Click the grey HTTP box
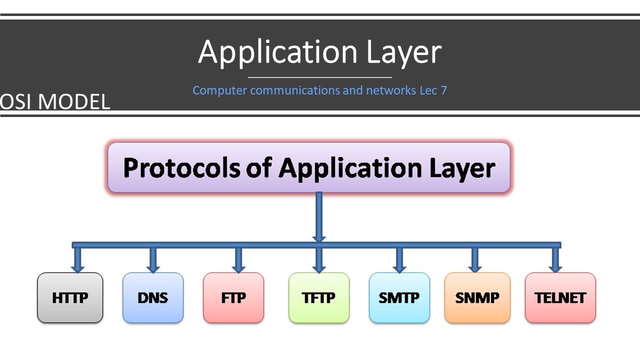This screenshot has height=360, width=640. (x=70, y=298)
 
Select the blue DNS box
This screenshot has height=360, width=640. (x=153, y=298)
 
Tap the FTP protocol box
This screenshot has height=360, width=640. (x=233, y=298)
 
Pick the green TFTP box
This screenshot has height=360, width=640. (x=318, y=298)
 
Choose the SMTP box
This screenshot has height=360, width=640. (x=399, y=298)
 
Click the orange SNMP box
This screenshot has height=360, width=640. (x=477, y=298)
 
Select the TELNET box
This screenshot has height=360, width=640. (x=560, y=298)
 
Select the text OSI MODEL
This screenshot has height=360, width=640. (x=55, y=102)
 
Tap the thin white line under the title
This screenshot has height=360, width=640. (x=320, y=77)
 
